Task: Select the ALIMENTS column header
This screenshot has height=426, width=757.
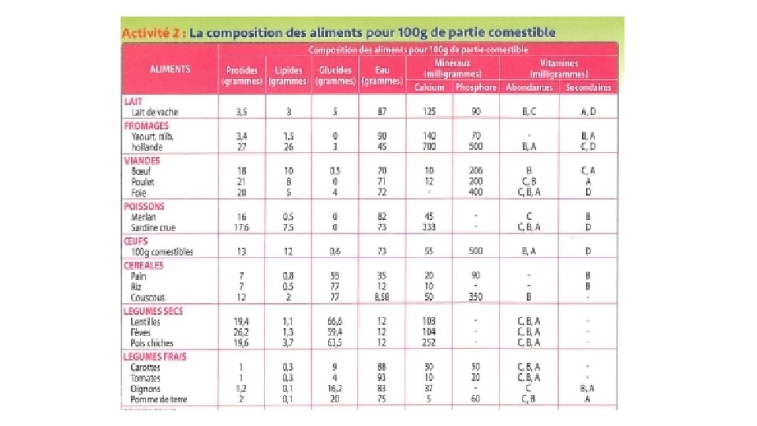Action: coord(170,69)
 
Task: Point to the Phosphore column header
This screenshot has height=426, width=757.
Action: coord(476,88)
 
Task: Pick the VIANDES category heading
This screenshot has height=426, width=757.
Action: coord(142,160)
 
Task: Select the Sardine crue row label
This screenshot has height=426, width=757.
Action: coord(154,227)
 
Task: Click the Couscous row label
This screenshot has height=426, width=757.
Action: coord(149,297)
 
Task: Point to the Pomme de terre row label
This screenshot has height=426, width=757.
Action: coord(160,399)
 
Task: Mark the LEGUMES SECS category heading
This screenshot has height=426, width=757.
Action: coord(153,311)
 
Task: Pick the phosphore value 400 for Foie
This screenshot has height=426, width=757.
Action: coord(476,192)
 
